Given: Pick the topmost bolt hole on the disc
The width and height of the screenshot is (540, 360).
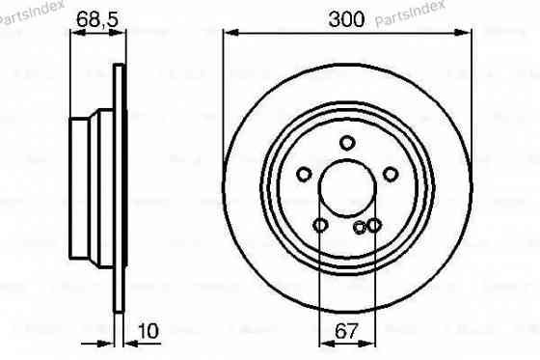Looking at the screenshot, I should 347,144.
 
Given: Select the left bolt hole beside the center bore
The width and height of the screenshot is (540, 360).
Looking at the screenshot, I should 304,175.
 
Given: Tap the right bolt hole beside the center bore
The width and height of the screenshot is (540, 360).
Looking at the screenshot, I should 391,174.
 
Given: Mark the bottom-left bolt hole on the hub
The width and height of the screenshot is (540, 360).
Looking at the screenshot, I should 320,226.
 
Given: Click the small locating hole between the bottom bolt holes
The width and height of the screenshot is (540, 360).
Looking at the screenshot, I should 360,228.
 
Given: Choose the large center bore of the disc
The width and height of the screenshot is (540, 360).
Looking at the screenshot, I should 347,188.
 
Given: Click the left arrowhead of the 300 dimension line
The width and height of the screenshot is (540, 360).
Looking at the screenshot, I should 229,32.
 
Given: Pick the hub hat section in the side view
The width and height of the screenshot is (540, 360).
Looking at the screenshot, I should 93,188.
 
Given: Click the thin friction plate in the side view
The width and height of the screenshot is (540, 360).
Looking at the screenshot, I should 119,188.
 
